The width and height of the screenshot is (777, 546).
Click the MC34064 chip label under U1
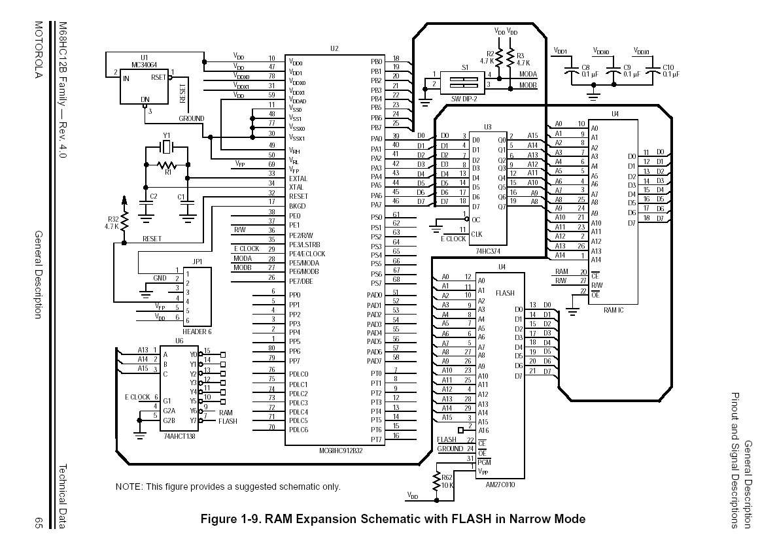[145, 64]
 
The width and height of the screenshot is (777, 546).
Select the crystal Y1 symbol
[167, 147]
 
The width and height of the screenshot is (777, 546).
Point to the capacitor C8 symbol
[573, 73]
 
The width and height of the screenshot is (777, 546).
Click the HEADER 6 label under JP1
[198, 331]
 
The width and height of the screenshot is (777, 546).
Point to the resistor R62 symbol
[436, 483]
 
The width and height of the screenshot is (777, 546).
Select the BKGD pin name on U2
[298, 206]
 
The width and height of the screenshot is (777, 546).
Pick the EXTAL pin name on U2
[298, 179]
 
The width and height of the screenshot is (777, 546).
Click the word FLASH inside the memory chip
[505, 293]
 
